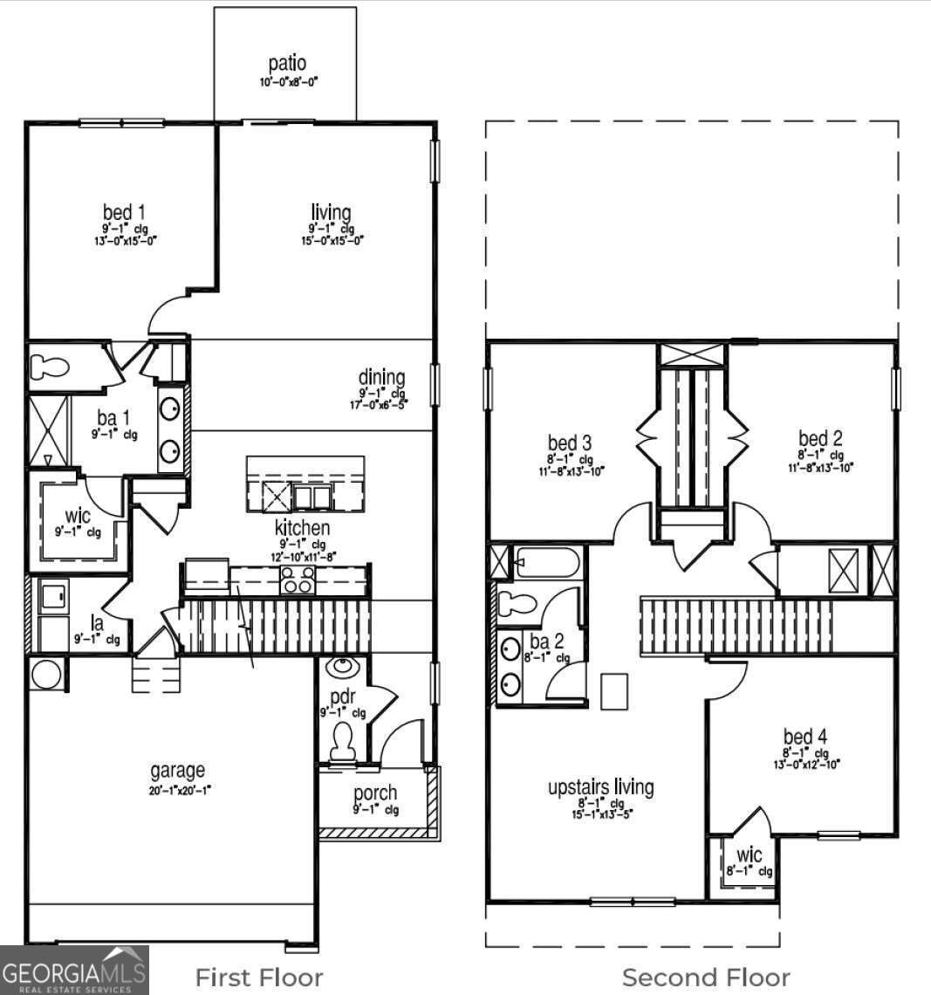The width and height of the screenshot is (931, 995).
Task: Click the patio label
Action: click(287, 64)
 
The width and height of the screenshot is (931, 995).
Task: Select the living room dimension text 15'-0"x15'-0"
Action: click(331, 240)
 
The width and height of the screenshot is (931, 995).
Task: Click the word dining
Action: click(382, 377)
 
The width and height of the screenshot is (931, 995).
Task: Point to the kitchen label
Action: click(302, 527)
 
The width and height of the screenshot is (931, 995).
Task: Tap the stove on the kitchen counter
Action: click(297, 580)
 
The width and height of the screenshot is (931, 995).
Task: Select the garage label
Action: click(178, 770)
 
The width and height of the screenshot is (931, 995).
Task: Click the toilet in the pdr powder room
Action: click(343, 741)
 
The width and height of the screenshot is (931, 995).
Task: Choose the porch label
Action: click(375, 793)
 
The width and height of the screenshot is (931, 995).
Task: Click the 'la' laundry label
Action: click(98, 622)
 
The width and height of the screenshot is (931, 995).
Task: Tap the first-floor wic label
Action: click(78, 516)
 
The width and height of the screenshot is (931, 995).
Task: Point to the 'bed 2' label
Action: click(820, 438)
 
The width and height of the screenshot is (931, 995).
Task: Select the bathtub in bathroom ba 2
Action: click(546, 563)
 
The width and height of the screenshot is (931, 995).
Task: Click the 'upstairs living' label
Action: click(600, 786)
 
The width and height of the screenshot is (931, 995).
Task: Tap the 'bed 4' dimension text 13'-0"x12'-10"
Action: click(805, 764)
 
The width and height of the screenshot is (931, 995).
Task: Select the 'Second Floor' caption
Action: click(705, 978)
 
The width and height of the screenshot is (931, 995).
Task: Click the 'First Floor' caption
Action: click(258, 978)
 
